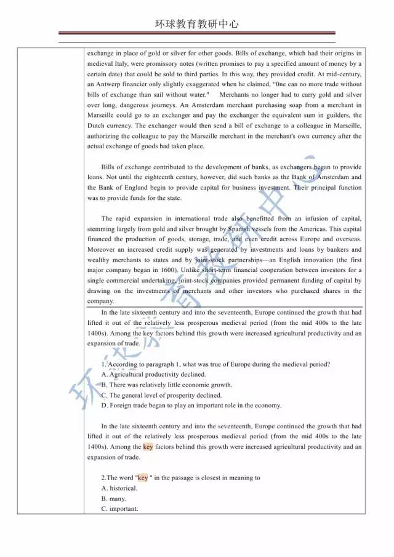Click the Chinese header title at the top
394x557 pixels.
coord(196,25)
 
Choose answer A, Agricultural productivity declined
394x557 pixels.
coord(153,374)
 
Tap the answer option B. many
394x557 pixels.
coord(114,499)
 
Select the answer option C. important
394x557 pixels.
coord(119,509)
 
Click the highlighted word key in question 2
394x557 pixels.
coord(143,478)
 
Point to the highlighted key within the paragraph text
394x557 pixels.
coord(148,447)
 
